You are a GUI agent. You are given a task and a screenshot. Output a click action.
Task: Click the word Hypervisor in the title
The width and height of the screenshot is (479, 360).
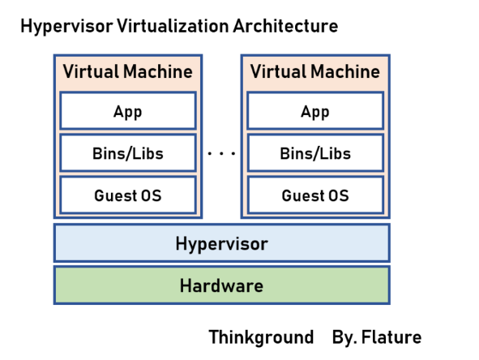point(58,26)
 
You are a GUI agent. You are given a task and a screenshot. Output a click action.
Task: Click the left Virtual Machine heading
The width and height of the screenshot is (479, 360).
point(128,71)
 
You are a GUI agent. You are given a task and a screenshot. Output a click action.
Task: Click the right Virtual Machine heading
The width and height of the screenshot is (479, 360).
point(315,71)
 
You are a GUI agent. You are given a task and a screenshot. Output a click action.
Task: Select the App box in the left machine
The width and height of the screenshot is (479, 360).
point(128,111)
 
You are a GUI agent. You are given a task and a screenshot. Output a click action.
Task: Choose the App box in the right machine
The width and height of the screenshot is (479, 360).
point(315,111)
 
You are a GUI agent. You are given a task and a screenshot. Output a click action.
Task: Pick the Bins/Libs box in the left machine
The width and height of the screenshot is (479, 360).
point(128,153)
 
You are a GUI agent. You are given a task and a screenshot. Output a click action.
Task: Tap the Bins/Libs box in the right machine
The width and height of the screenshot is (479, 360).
point(315,153)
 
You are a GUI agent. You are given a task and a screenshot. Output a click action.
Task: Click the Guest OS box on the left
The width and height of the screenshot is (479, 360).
point(128,195)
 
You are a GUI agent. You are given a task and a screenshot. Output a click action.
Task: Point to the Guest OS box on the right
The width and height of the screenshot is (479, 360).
point(315,195)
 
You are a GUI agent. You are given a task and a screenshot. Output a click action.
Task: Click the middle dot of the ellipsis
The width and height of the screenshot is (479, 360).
point(221,153)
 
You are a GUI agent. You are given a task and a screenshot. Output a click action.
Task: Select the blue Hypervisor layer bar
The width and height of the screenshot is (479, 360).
point(97,243)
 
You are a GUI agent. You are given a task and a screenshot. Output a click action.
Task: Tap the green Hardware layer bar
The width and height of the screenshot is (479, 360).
point(97,285)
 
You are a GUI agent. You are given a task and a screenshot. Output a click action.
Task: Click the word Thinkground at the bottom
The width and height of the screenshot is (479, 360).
point(261,337)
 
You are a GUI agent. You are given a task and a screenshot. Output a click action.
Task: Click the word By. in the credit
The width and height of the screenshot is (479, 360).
point(344,337)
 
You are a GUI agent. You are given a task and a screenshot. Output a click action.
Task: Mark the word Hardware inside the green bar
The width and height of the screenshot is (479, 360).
point(221,285)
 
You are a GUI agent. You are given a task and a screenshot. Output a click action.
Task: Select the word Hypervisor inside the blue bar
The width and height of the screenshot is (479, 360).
point(221,243)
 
